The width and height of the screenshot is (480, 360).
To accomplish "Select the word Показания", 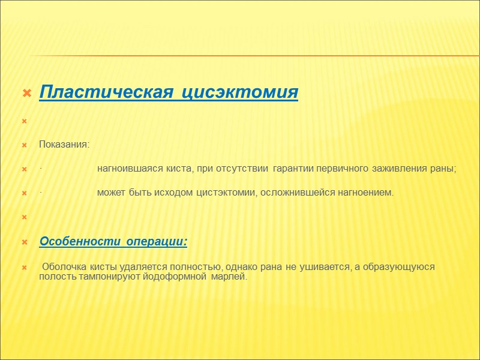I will point(64,145).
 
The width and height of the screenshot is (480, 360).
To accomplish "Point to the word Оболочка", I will point(64,266).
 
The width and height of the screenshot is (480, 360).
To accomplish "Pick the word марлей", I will point(230,277).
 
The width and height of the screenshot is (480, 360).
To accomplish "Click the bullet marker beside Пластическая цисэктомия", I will point(26,94).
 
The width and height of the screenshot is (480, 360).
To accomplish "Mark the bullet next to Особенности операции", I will point(25,242).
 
